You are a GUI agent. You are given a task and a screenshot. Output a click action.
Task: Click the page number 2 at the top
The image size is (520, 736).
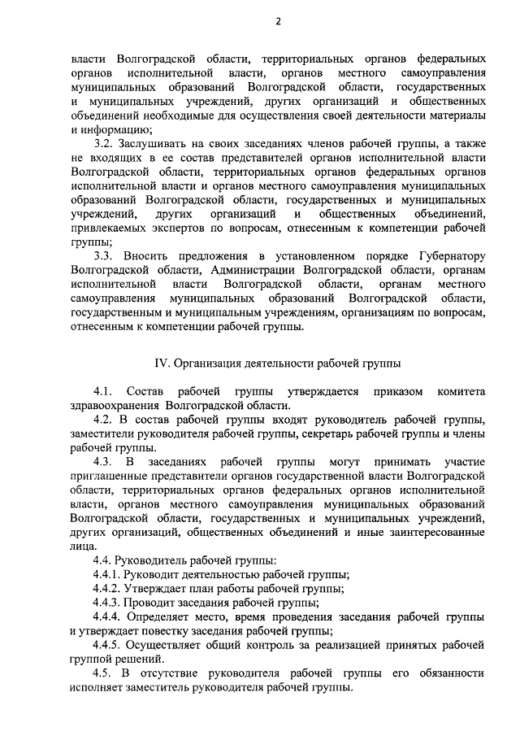(x=277, y=23)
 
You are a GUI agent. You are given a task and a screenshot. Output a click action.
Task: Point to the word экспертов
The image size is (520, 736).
(x=186, y=229)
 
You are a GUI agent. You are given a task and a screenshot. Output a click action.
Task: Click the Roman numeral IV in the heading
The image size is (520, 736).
(x=162, y=363)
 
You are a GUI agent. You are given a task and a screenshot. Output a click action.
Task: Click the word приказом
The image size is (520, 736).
(x=397, y=391)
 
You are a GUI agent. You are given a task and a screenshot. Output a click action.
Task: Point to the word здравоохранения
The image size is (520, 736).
(x=113, y=405)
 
